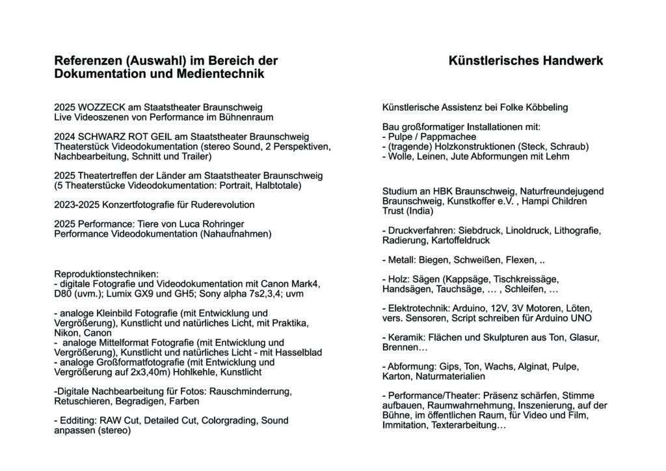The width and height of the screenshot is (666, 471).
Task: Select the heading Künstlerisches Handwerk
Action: point(526,61)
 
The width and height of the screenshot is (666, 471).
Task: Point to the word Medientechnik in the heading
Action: point(220,74)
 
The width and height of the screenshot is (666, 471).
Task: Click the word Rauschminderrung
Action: point(254,392)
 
